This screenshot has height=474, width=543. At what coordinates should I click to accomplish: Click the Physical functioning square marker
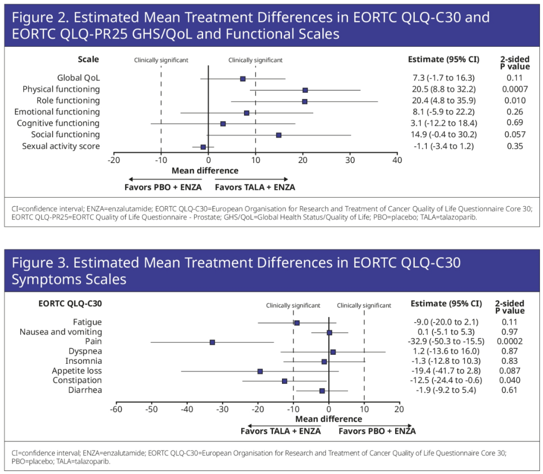pos(305,90)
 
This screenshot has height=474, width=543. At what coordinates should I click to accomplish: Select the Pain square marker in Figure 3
pos(212,342)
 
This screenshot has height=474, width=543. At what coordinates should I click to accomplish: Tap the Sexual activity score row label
pos(61,146)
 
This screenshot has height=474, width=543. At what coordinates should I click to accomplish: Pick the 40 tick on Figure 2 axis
pos(397,160)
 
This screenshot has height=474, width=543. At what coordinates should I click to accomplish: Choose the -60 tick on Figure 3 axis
pos(116,410)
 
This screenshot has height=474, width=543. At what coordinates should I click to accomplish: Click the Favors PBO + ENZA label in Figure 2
pos(163,187)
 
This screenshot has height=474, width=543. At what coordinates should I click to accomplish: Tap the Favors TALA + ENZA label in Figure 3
pos(280,431)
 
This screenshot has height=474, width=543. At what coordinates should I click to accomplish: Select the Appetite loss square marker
pos(260,371)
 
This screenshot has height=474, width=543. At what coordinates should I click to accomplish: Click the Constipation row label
pos(77,380)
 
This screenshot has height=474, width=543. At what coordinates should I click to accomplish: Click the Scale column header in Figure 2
pos(88,59)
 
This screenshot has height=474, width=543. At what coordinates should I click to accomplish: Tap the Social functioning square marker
pos(279,135)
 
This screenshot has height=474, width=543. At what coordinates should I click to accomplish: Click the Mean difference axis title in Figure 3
pos(328,419)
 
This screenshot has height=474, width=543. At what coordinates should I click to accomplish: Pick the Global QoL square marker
pos(243,78)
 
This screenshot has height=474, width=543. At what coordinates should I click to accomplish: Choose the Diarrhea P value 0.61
pos(509,390)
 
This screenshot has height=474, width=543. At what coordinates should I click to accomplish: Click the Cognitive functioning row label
pos(58,123)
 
